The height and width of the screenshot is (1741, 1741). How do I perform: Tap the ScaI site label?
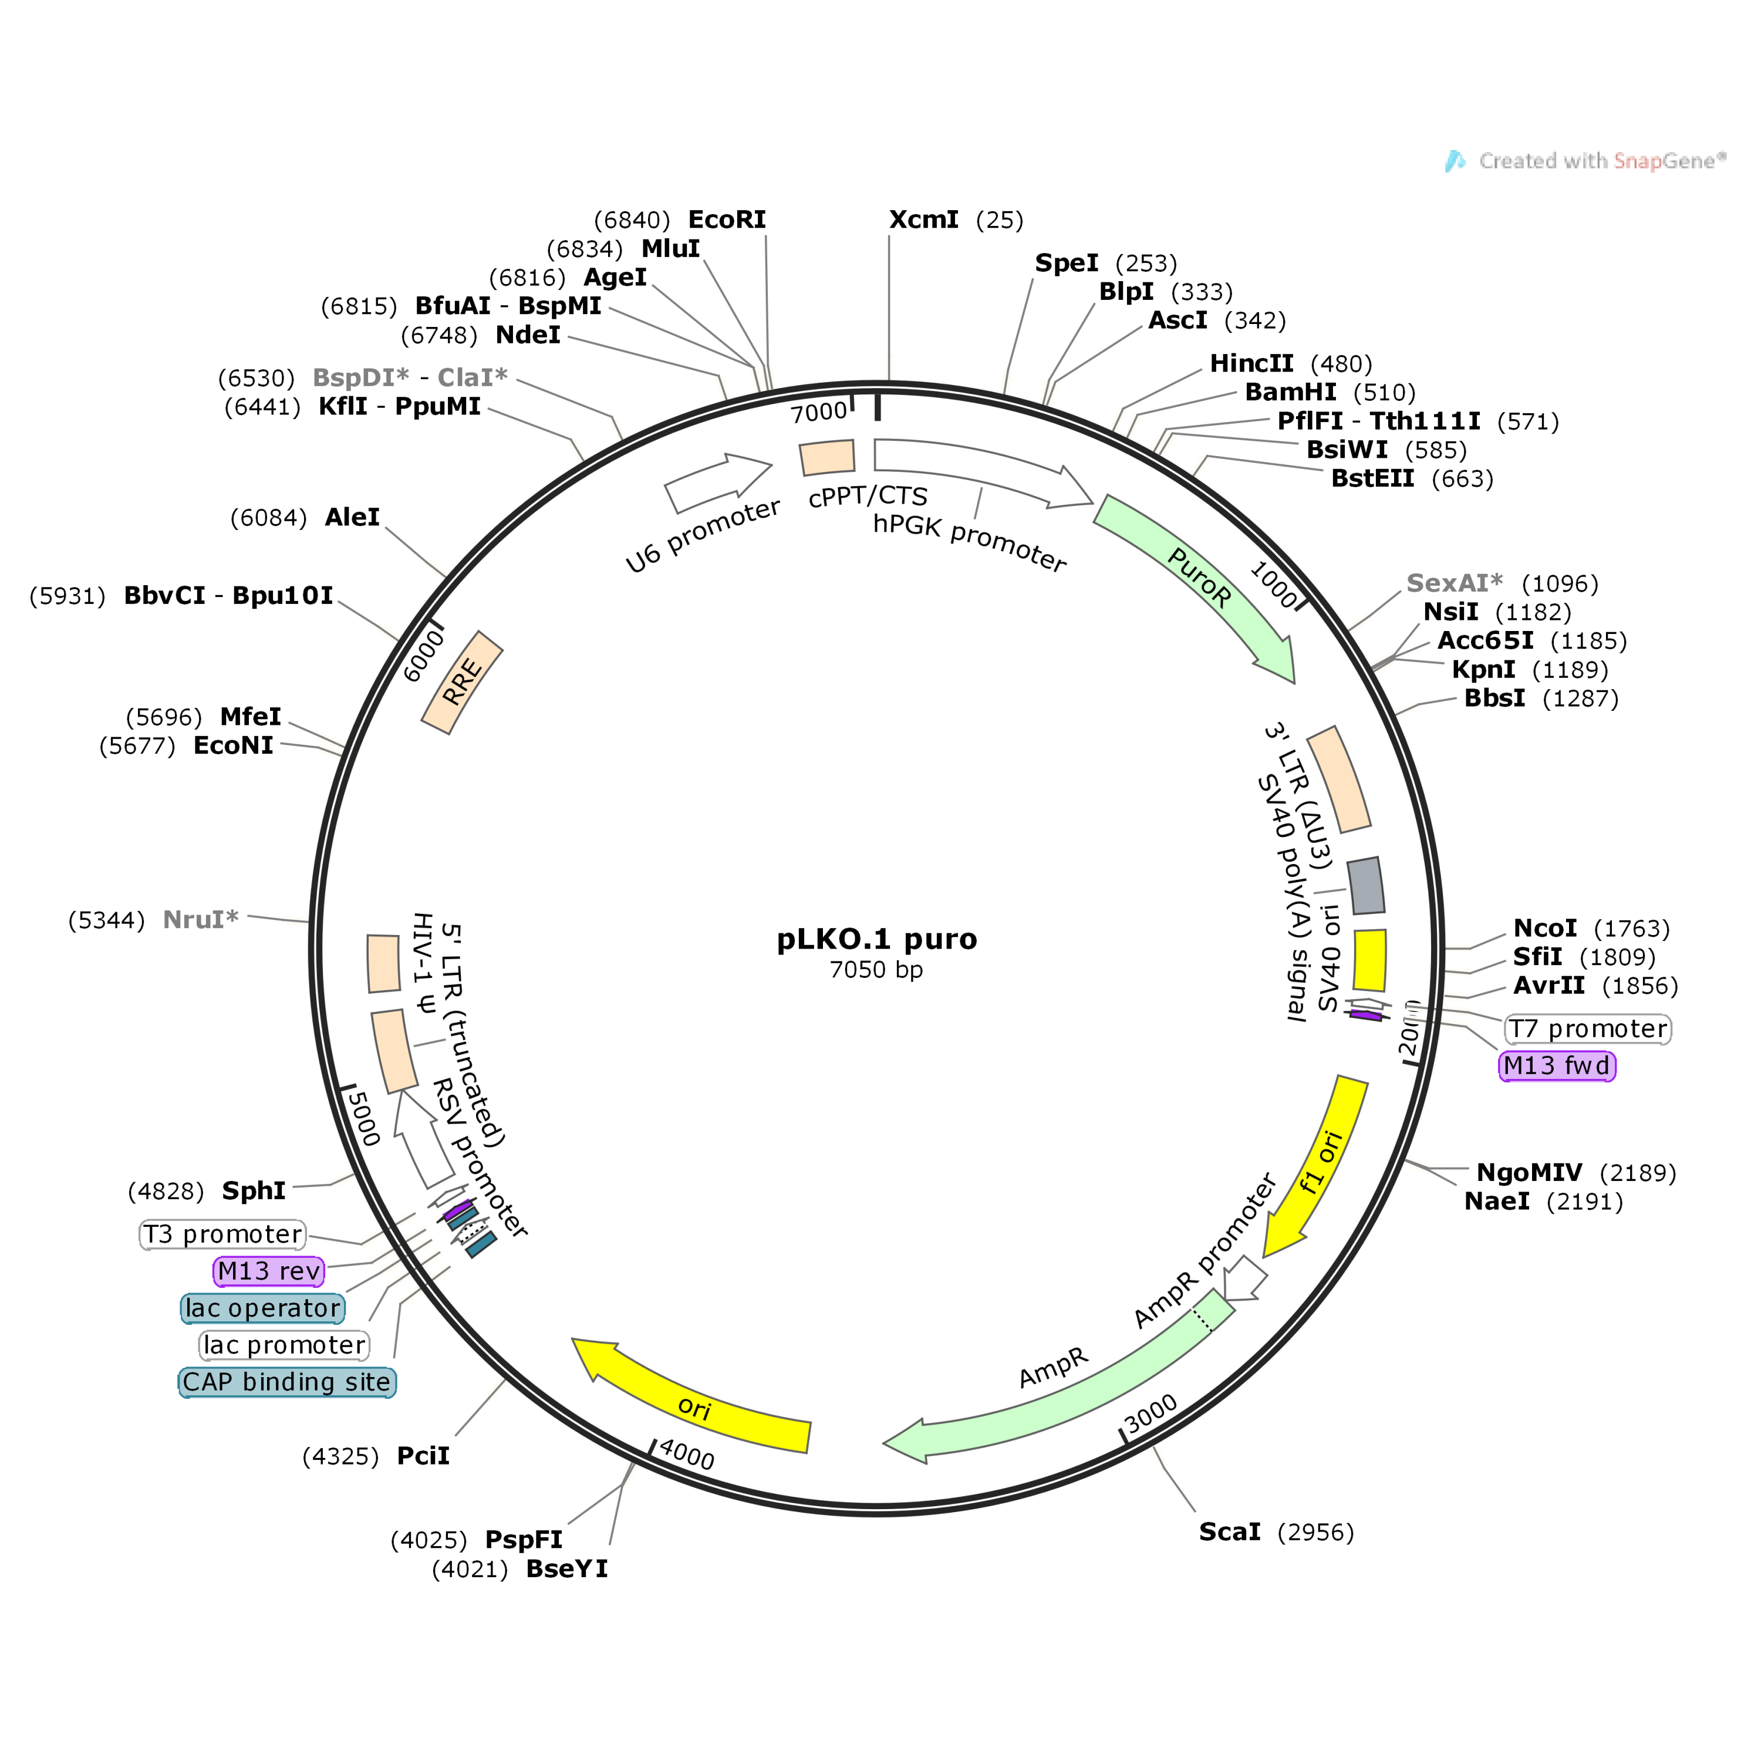tap(1229, 1532)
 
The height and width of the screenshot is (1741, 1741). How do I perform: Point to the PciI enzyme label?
tap(423, 1456)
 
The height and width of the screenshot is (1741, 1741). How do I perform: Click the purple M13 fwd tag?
tap(1556, 1066)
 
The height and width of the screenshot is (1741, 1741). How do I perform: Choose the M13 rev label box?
tap(268, 1271)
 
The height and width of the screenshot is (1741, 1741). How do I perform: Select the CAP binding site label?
tap(286, 1382)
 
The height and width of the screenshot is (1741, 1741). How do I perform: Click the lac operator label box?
tap(262, 1308)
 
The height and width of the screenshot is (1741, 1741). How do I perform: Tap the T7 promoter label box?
tap(1587, 1029)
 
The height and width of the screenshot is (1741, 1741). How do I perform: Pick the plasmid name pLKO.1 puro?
tap(876, 939)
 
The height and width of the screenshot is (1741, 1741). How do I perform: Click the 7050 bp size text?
tap(876, 970)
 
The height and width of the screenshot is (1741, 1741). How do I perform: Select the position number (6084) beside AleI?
tap(268, 518)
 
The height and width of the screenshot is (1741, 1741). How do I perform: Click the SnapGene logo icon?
tap(1455, 161)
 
